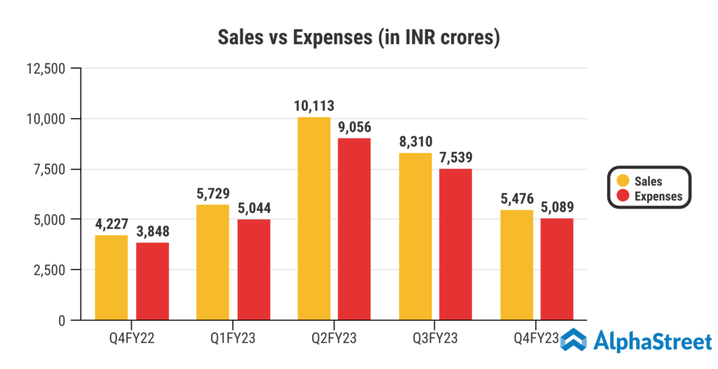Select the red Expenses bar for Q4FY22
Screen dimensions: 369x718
click(x=152, y=281)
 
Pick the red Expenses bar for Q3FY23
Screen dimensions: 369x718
click(x=456, y=244)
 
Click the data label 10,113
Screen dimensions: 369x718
click(x=313, y=106)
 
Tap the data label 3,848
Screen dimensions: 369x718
click(x=153, y=231)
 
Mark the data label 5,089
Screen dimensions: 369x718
click(x=557, y=207)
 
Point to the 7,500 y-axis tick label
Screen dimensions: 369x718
click(x=48, y=169)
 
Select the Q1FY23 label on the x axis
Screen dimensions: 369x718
click(x=233, y=339)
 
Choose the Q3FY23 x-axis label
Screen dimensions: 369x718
click(x=435, y=339)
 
